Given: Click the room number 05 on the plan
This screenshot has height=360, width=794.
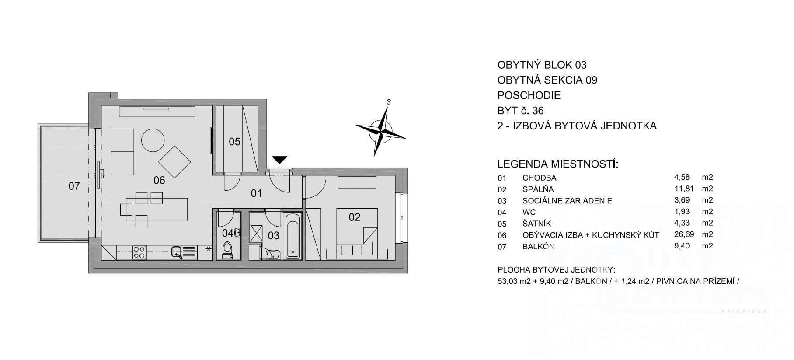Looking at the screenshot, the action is pos(235,141).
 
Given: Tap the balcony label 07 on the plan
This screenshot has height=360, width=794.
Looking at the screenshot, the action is pos(74,186).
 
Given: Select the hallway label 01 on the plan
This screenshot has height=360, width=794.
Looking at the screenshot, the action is pos(256,193).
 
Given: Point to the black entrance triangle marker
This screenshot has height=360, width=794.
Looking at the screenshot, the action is pos(279,160).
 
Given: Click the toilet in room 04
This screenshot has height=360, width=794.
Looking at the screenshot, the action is pos(227,250).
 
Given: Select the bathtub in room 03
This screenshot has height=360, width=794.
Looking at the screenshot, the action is pos(292,236).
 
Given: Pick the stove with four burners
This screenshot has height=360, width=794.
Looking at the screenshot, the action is pos(139,252).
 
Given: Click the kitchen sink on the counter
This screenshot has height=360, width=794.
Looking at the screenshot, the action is pos(177,252).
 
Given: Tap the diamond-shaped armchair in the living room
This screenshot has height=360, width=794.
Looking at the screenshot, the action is pos(175,161).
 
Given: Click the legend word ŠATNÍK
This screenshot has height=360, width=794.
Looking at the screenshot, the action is pos(537,224).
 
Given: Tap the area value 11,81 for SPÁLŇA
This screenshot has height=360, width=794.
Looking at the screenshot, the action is pos(682,189).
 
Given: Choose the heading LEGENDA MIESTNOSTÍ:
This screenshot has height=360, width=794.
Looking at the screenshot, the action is pos(557,164).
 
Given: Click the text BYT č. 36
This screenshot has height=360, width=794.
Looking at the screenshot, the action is pos(521,110).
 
